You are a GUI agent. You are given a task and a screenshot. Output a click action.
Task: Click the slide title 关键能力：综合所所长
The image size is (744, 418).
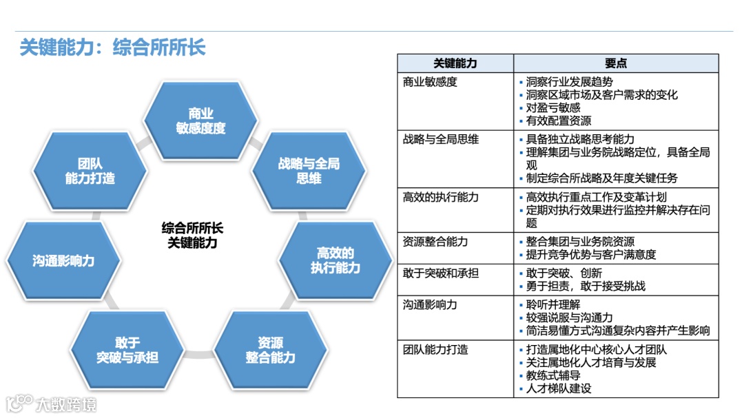pos(112,47)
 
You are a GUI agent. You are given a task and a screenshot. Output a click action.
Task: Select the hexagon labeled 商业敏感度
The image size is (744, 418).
pos(200,121)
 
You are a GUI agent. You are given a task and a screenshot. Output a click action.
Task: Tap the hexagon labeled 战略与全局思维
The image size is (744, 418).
pos(309,171)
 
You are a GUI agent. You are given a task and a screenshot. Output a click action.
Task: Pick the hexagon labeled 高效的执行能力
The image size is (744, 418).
pos(335,260)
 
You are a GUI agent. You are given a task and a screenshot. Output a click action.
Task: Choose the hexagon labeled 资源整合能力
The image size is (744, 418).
pos(270,351)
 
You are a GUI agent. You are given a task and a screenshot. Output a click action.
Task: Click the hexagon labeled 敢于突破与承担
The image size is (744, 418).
pos(127,350)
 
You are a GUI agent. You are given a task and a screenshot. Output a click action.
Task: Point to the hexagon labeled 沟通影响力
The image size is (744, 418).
pos(63,261)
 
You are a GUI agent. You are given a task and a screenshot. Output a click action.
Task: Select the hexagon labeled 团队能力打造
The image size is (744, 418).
pos(90,171)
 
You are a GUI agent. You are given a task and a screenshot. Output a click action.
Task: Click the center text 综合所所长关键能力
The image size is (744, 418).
pos(192,235)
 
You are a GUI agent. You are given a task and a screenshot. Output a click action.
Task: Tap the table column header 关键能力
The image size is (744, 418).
pos(455,63)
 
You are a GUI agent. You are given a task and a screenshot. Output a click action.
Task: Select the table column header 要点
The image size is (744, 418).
pos(616,63)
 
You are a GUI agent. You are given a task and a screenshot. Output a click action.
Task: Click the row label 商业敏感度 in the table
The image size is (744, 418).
pos(430,82)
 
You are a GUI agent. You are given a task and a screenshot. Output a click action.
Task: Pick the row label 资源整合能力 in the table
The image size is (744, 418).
pos(435,242)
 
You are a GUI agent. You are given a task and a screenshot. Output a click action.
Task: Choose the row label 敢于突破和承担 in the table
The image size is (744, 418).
pos(440,273)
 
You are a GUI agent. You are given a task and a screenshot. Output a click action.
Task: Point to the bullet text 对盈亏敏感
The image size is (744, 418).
pos(553,107)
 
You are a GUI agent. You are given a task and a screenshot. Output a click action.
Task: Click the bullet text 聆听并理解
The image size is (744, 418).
pos(553,304)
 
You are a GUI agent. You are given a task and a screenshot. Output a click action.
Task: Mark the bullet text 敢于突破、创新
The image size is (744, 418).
pos(564,273)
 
